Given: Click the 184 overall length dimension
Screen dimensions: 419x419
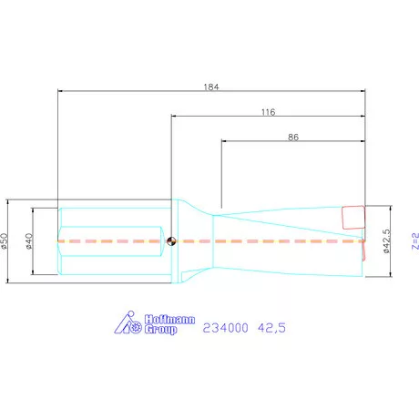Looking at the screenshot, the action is tap(211, 87).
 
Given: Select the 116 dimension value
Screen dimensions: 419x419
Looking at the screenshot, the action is tap(269, 112).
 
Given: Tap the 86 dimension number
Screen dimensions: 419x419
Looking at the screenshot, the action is tap(293, 138).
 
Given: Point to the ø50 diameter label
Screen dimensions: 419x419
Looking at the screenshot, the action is tap(4, 241).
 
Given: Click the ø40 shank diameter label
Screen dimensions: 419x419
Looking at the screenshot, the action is tap(29, 241).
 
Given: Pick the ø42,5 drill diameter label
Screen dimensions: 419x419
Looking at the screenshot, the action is tap(385, 241).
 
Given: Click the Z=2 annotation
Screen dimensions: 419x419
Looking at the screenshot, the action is tap(415, 241).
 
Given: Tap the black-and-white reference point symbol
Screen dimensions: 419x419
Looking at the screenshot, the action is tap(171, 241).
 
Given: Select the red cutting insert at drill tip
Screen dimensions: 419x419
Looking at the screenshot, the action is tap(353, 217).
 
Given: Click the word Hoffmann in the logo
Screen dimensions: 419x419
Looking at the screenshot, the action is tap(169, 320).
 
